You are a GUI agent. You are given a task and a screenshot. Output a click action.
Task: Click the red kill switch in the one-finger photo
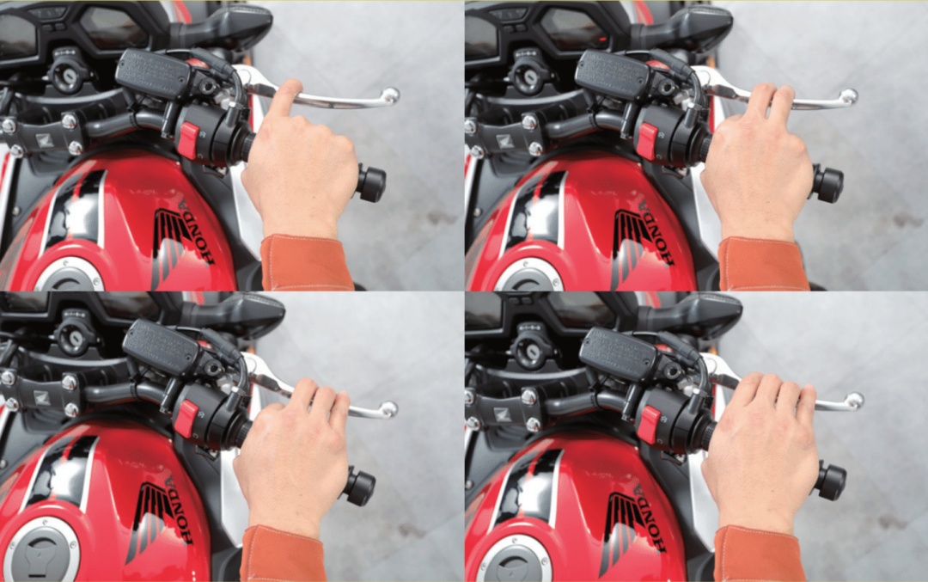point(187,140)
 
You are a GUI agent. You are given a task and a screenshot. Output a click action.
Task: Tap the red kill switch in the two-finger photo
point(648,142)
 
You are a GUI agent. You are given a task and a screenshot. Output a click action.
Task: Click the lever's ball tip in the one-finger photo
point(390,95)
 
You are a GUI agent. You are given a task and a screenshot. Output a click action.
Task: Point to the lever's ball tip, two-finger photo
point(849,96)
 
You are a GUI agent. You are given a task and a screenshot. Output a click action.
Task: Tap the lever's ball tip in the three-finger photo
point(388,409)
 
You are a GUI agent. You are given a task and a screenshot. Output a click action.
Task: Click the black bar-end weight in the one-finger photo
point(371,183)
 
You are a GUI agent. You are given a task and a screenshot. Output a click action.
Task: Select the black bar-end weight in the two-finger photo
point(828,184)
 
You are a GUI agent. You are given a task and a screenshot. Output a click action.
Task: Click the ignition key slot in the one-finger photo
point(65,76)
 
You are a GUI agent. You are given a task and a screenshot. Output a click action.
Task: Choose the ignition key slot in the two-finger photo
point(526,77)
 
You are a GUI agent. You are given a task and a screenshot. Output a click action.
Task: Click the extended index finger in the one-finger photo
point(284,101)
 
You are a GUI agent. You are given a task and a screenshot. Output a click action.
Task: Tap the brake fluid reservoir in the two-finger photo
point(614,74)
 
